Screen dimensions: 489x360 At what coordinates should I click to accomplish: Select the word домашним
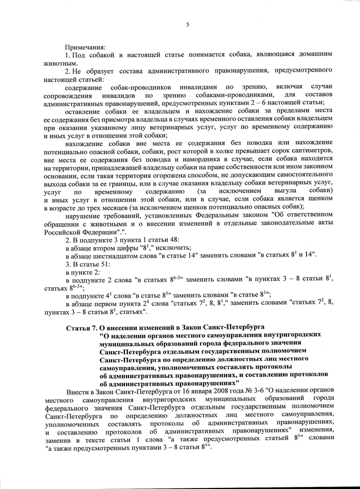tap(314, 54)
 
